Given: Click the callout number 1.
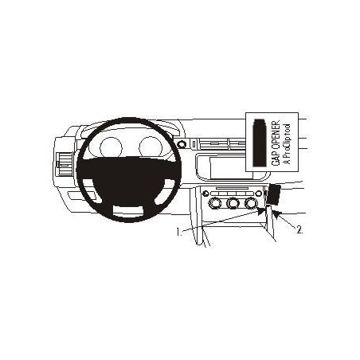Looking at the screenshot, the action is [x=178, y=232].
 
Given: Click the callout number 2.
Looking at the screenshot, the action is [x=299, y=230].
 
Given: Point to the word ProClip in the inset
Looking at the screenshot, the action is [x=287, y=145].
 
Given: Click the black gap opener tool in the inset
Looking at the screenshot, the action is [x=260, y=143].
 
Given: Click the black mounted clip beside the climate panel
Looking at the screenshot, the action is [x=274, y=194].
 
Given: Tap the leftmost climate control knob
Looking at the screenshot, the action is [x=215, y=204].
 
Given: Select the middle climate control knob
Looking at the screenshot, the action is [x=233, y=204].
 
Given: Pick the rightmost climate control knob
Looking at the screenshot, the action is [x=251, y=204].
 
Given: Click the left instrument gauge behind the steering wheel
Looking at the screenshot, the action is [x=111, y=147].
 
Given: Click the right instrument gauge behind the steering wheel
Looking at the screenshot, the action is [x=150, y=147].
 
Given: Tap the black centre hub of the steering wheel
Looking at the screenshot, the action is [x=129, y=181].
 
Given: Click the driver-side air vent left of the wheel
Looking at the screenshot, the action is [x=65, y=165].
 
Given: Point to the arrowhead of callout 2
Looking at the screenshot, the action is [x=276, y=214].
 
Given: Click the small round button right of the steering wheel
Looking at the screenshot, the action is [x=182, y=145].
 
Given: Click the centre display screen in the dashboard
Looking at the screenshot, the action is [x=230, y=167].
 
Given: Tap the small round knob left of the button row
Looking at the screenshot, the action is [x=205, y=193].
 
